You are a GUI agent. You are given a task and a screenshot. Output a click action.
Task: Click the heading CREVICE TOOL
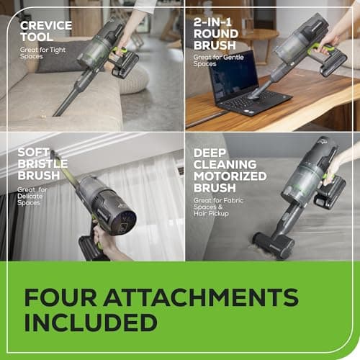46,32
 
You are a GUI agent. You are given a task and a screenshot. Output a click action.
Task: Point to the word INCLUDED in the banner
91,322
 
